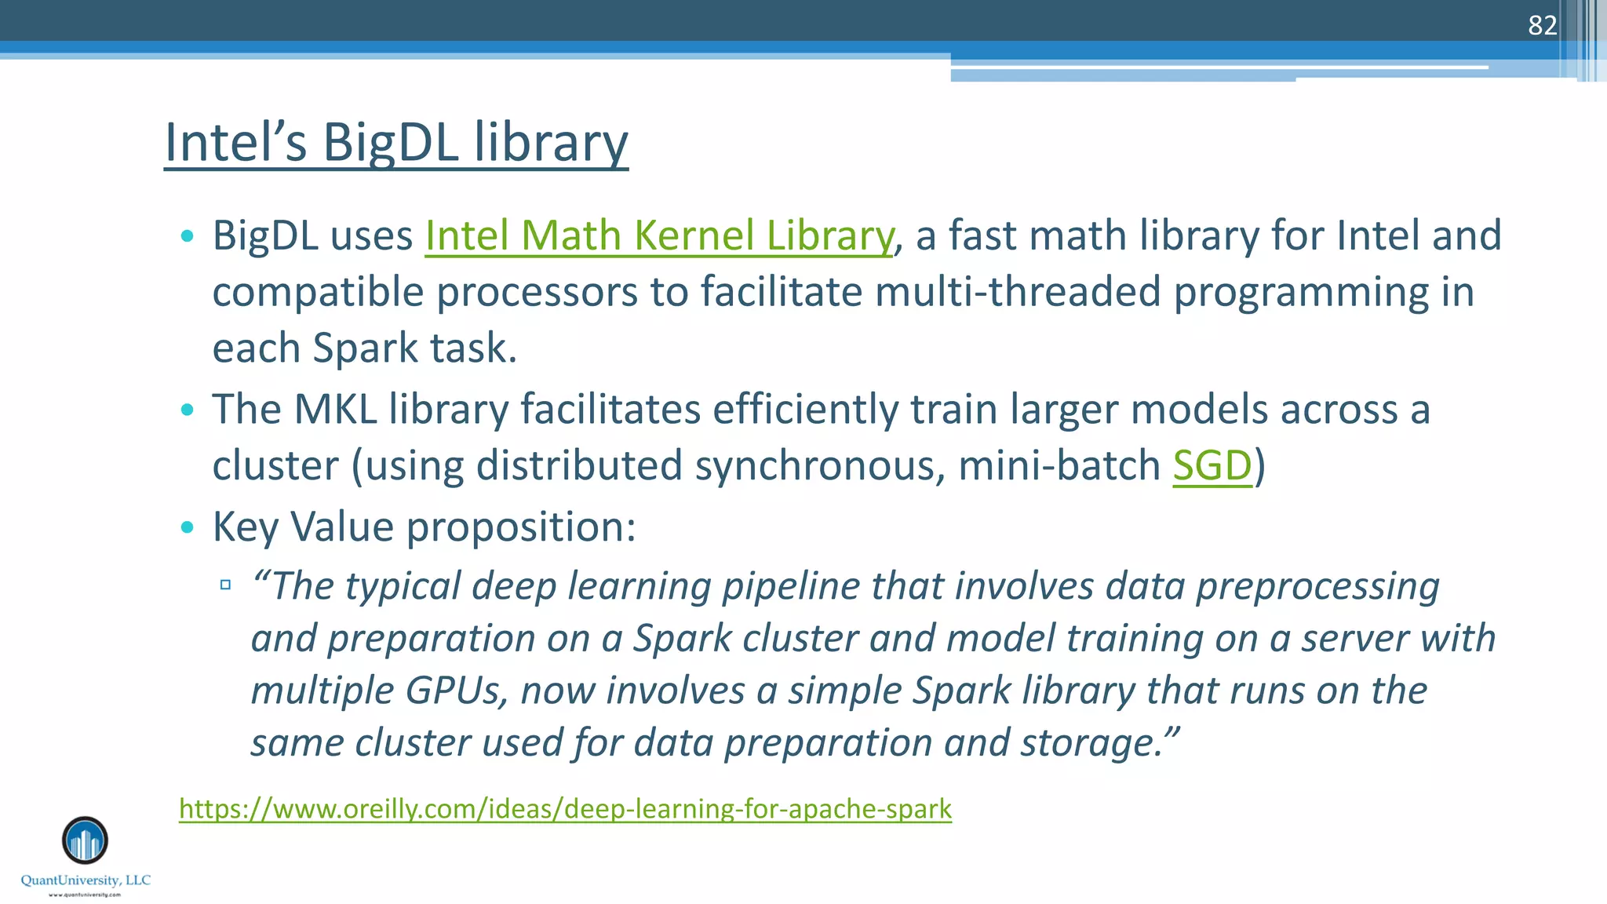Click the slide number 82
(x=1542, y=26)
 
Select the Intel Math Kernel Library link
(x=659, y=235)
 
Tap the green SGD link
(x=1212, y=465)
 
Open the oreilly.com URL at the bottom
(x=565, y=808)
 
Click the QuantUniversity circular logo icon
(x=85, y=840)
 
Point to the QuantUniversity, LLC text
(x=86, y=880)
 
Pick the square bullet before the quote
(x=226, y=585)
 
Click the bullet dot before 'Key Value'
(x=187, y=527)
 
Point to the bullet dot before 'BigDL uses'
(x=187, y=236)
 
